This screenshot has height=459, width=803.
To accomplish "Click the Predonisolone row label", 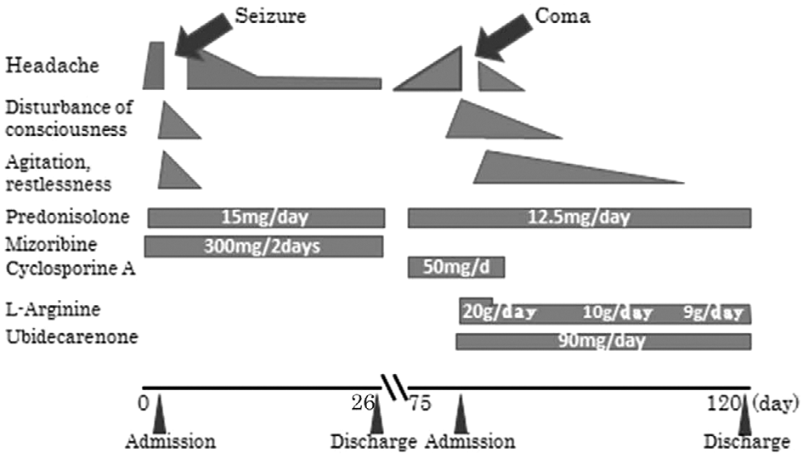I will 67,216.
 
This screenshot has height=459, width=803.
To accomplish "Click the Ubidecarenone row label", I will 71,337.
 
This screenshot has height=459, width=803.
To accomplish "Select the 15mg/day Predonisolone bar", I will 266,217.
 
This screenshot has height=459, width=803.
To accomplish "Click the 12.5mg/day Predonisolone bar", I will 580,217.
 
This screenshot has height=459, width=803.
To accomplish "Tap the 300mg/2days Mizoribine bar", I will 263,246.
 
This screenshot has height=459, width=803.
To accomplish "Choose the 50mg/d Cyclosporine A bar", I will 456,268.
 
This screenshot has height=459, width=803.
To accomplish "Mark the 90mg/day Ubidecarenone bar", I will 603,341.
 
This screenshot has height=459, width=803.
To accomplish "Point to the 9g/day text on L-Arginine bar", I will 713,312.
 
